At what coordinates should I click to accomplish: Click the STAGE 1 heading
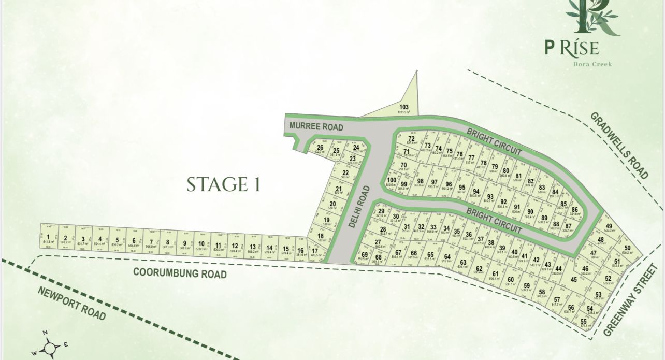point(223,184)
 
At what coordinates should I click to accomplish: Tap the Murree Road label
point(316,126)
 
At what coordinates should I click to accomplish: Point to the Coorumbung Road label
point(180,272)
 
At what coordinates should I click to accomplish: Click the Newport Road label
point(71,303)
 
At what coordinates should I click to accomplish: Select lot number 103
point(404,107)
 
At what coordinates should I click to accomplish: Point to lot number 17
point(314,251)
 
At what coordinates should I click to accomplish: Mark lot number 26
point(320,148)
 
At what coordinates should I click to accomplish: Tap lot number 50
point(627,248)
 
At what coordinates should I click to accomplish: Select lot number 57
point(557,300)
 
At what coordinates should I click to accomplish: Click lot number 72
point(412,139)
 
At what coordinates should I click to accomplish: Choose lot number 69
point(365,254)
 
